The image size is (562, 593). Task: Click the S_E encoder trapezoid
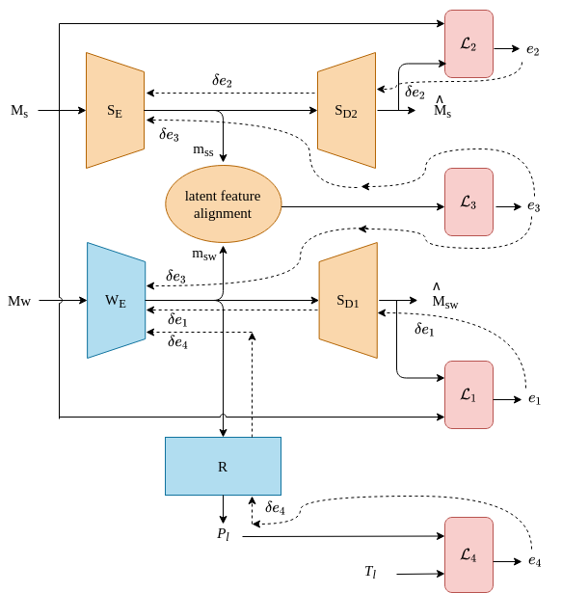pyautogui.click(x=115, y=110)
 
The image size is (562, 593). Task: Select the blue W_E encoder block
pyautogui.click(x=116, y=300)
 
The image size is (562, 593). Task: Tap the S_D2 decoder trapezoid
pyautogui.click(x=346, y=110)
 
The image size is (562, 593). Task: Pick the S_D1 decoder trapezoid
pyautogui.click(x=348, y=300)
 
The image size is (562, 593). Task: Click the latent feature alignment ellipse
pyautogui.click(x=223, y=203)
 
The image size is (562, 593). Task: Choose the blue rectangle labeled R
pyautogui.click(x=223, y=466)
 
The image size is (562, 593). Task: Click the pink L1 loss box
pyautogui.click(x=468, y=394)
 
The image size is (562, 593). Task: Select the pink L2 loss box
pyautogui.click(x=468, y=43)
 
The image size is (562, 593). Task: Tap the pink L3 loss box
pyautogui.click(x=468, y=202)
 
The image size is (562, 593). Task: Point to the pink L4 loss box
pyautogui.click(x=468, y=554)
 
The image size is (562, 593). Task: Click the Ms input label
pyautogui.click(x=19, y=111)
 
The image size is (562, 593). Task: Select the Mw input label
pyautogui.click(x=19, y=301)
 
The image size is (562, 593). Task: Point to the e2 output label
pyautogui.click(x=533, y=50)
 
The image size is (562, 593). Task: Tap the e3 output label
pyautogui.click(x=534, y=206)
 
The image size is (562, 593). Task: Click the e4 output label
pyautogui.click(x=534, y=561)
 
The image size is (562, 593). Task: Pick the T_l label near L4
pyautogui.click(x=370, y=572)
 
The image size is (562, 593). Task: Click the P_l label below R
pyautogui.click(x=223, y=534)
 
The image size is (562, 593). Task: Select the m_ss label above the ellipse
pyautogui.click(x=203, y=150)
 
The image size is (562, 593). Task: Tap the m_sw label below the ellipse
pyautogui.click(x=203, y=255)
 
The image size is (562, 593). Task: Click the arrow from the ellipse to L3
pyautogui.click(x=363, y=207)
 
